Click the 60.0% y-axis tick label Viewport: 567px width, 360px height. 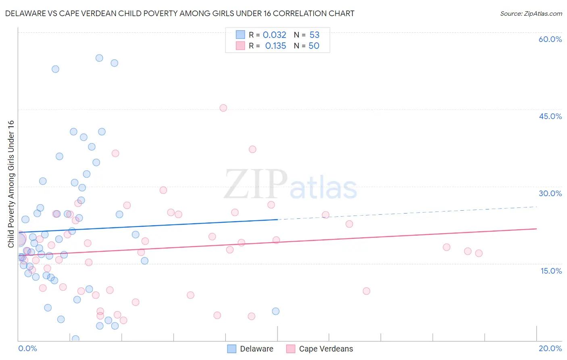[550, 39]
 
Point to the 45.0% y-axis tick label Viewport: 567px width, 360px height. [550, 116]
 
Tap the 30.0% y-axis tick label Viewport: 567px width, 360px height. [550, 193]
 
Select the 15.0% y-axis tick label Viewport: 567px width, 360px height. [551, 271]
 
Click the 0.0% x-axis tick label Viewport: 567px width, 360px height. [27, 348]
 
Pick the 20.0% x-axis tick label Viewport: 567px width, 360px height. [550, 348]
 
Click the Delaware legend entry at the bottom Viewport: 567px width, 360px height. [250, 349]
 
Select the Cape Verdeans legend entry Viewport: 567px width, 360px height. [319, 349]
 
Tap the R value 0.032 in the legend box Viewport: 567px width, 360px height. [274, 35]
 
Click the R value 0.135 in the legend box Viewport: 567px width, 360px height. [275, 46]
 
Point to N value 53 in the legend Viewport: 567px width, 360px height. [314, 35]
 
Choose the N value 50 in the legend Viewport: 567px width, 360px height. [314, 46]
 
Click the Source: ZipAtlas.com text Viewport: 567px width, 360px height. [531, 13]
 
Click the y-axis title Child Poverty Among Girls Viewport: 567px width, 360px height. [11, 184]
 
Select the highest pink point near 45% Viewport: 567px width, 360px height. [223, 108]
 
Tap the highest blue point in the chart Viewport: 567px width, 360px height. [99, 58]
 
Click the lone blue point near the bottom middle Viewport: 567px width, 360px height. [275, 311]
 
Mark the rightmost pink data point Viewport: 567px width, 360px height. [479, 253]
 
